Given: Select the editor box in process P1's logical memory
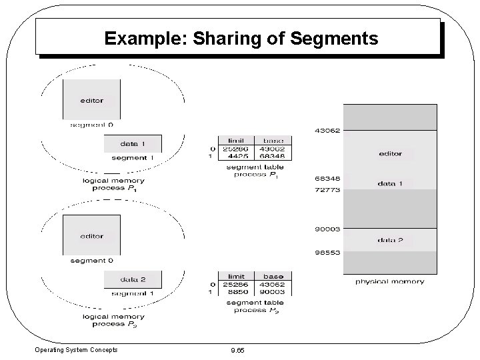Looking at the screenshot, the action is pyautogui.click(x=91, y=99).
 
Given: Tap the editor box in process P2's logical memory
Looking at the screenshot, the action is pyautogui.click(x=91, y=235).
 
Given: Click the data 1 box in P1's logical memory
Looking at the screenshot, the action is pyautogui.click(x=133, y=143).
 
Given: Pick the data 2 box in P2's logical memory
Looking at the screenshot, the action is pyautogui.click(x=133, y=279).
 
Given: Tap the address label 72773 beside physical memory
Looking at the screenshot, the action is pyautogui.click(x=327, y=190).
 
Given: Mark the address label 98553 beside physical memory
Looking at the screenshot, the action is pyautogui.click(x=327, y=253).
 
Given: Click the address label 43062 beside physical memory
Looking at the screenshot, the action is pyautogui.click(x=327, y=131).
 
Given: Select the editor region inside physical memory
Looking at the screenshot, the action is pyautogui.click(x=390, y=154).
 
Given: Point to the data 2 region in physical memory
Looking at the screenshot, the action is pyautogui.click(x=390, y=240).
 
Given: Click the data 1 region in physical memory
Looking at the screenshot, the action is pyautogui.click(x=390, y=183).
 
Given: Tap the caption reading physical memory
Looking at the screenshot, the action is pyautogui.click(x=389, y=282).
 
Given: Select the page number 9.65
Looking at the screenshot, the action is pyautogui.click(x=237, y=350).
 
